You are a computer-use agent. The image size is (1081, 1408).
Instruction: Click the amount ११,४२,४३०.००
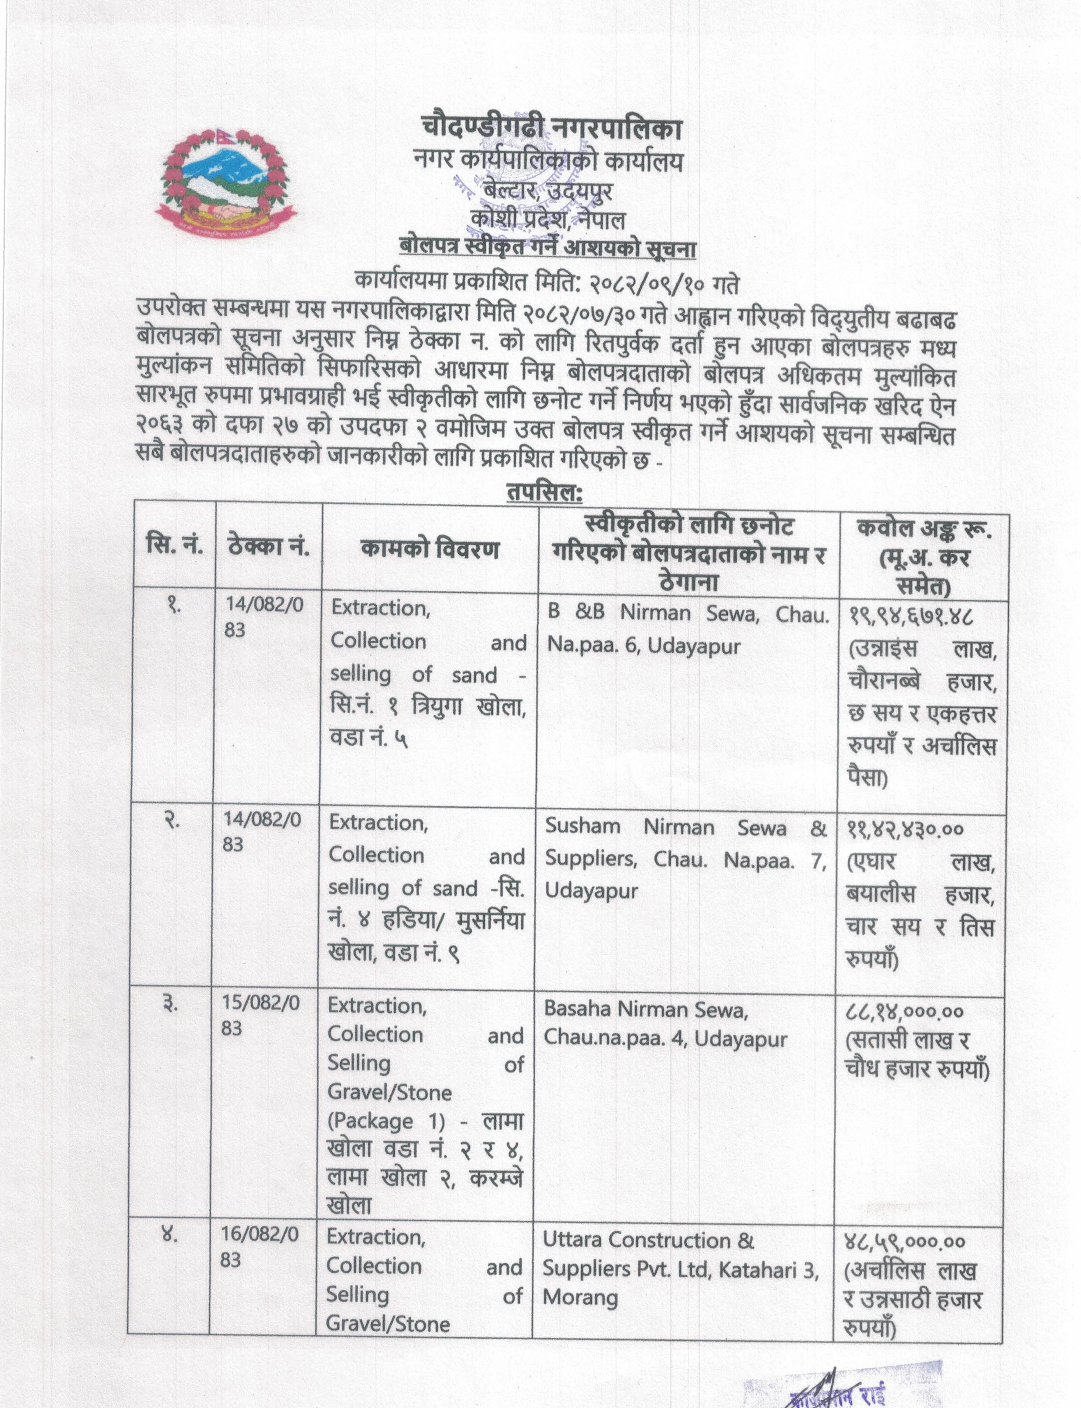[x=905, y=829]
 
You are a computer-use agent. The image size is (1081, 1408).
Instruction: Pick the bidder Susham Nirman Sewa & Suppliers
[x=685, y=843]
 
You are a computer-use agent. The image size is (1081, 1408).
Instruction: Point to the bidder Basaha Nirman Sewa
[x=645, y=1009]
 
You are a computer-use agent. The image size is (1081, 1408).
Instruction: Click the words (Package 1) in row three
[x=385, y=1121]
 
